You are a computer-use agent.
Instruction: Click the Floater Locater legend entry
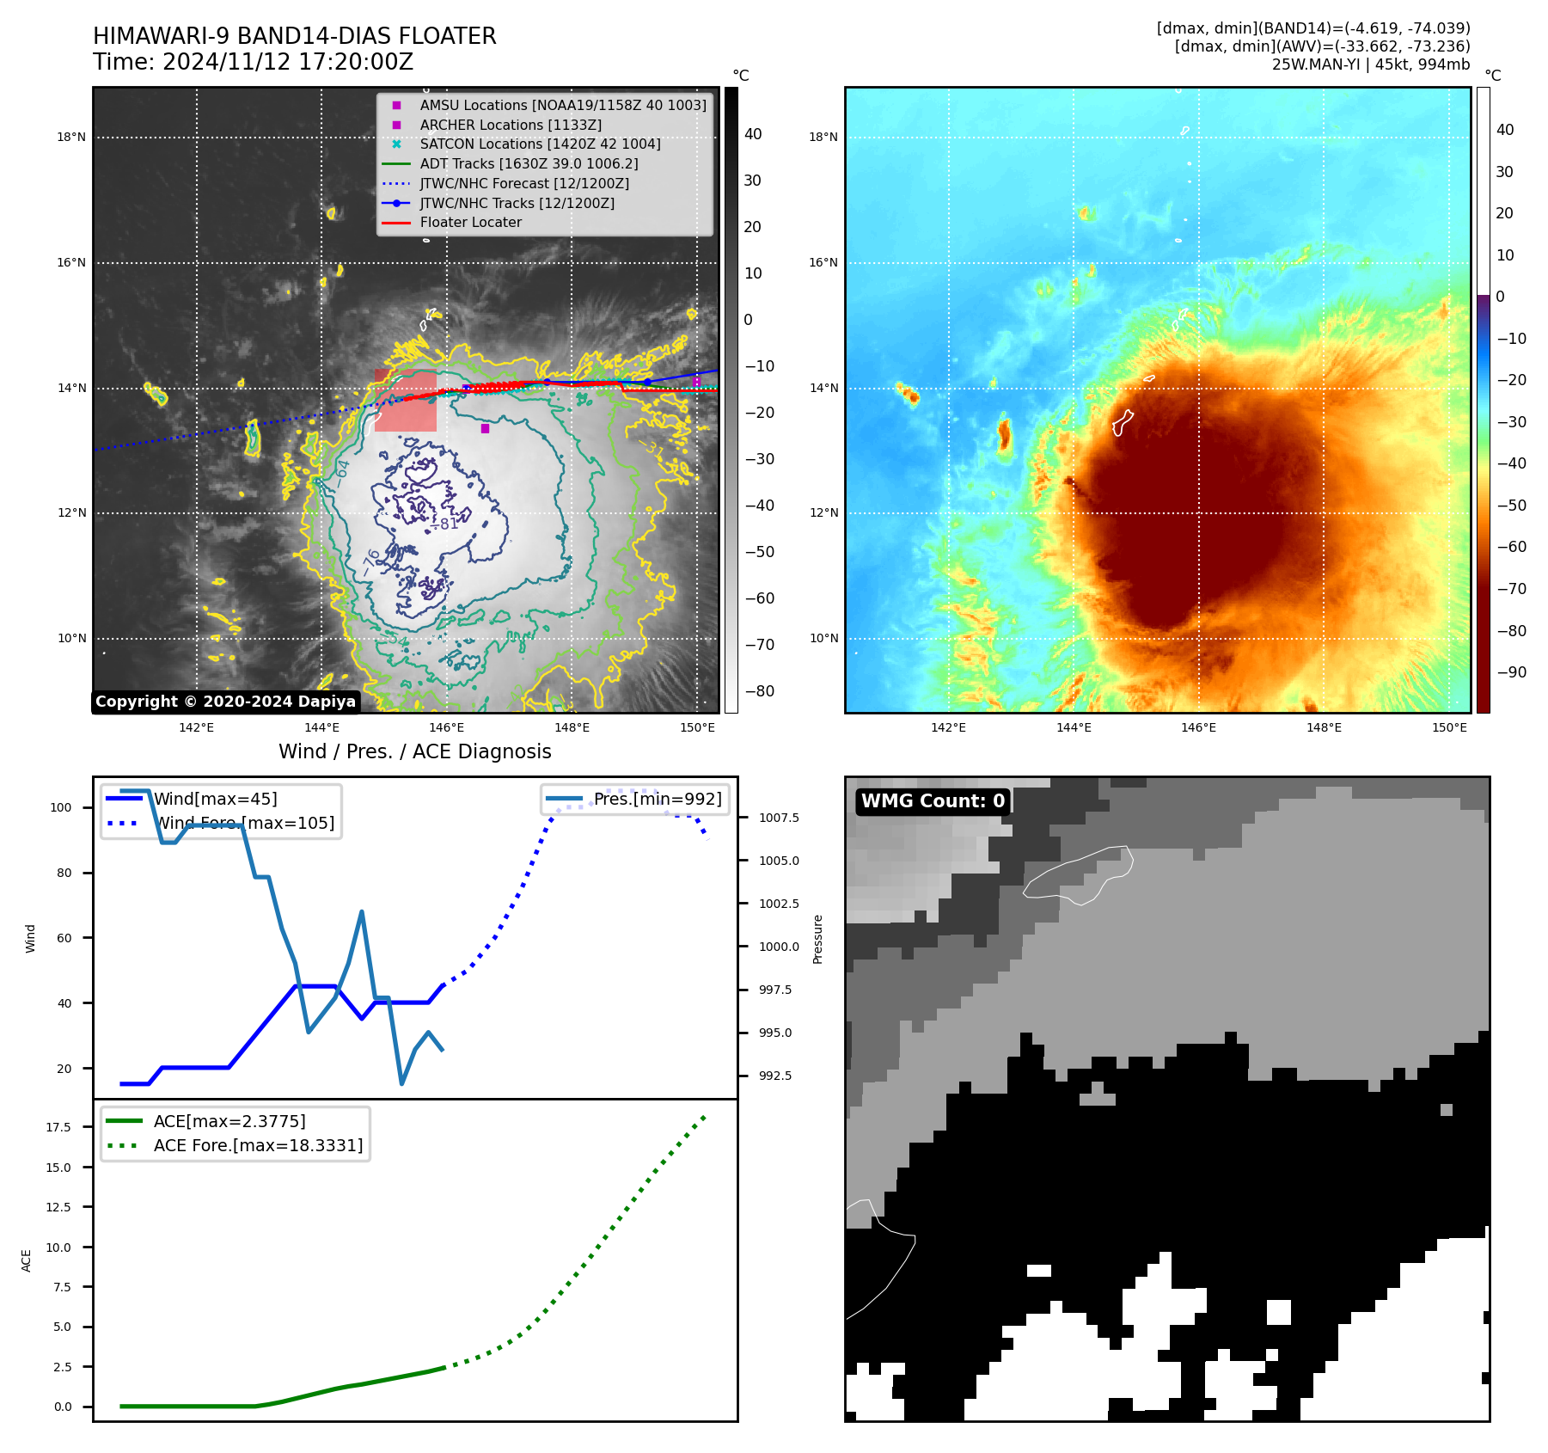[470, 223]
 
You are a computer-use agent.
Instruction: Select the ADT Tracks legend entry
[529, 163]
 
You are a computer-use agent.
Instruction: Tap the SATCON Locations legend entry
[540, 144]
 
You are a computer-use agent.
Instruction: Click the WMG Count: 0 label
[933, 801]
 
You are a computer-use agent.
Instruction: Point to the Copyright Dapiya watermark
[225, 702]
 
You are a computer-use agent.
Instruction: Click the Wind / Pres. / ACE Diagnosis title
[414, 751]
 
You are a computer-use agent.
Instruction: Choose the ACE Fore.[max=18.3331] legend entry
[258, 1145]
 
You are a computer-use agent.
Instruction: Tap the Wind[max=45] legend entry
[215, 799]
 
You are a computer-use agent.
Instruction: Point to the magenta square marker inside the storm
[485, 428]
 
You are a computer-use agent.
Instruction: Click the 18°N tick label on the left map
[71, 137]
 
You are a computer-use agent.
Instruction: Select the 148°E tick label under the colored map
[1324, 727]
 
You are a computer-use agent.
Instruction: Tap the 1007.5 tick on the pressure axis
[779, 818]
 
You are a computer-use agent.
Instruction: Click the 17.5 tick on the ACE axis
[58, 1127]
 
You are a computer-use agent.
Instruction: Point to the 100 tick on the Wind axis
[61, 807]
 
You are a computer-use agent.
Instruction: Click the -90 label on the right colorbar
[1511, 672]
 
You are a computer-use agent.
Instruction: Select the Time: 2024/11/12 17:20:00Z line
[253, 62]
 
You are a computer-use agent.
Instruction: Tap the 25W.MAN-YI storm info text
[1370, 64]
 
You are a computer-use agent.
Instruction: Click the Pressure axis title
[817, 939]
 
